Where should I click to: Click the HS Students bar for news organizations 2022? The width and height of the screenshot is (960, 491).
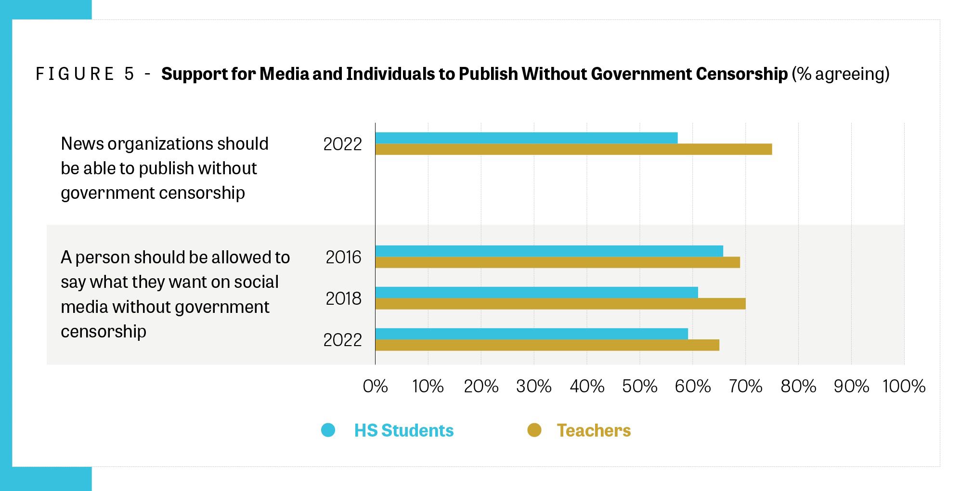[526, 138]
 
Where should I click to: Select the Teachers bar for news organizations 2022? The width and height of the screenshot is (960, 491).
[573, 149]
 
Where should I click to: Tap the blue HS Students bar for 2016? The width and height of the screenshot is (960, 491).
[549, 251]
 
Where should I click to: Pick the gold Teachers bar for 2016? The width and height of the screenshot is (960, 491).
[558, 262]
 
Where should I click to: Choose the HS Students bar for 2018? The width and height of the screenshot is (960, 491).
[536, 292]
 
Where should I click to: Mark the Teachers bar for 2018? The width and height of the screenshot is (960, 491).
[560, 304]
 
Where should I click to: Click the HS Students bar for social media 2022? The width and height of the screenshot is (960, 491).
[532, 334]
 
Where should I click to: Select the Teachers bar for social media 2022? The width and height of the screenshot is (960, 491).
[547, 345]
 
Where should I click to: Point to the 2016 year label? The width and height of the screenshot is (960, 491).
[343, 257]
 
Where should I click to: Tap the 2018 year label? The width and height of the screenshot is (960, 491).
[343, 298]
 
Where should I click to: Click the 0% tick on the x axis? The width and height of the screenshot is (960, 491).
[376, 386]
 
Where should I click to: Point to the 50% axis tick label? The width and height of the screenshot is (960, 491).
[639, 386]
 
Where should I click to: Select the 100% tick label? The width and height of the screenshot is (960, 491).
[904, 386]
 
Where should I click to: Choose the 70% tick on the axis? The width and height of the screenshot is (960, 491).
[745, 386]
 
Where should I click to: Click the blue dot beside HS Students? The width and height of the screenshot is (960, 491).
[328, 430]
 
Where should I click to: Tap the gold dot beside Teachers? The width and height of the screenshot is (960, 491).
[534, 430]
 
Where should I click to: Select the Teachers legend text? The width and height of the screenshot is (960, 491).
[594, 430]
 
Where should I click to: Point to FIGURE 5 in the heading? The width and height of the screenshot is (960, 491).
[85, 74]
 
